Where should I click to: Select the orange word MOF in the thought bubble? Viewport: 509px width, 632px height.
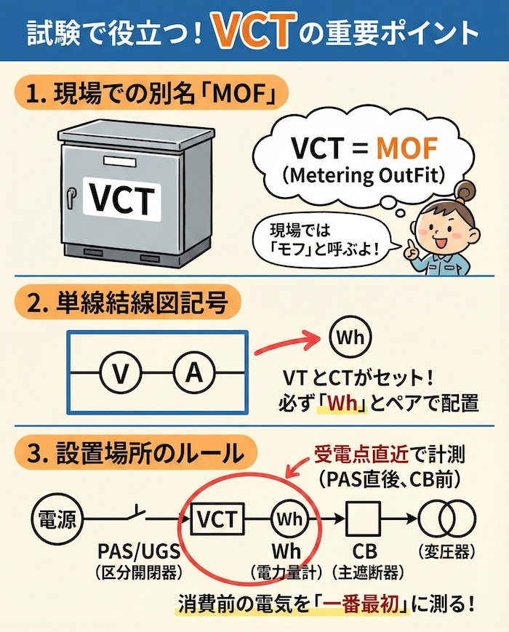pyautogui.click(x=396, y=148)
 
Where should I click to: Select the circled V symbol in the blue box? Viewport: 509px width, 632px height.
pyautogui.click(x=121, y=373)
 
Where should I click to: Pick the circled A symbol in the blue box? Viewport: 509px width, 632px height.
pyautogui.click(x=193, y=373)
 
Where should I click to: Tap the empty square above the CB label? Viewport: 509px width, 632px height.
pyautogui.click(x=364, y=519)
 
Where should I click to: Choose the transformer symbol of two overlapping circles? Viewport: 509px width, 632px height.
pyautogui.click(x=441, y=519)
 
